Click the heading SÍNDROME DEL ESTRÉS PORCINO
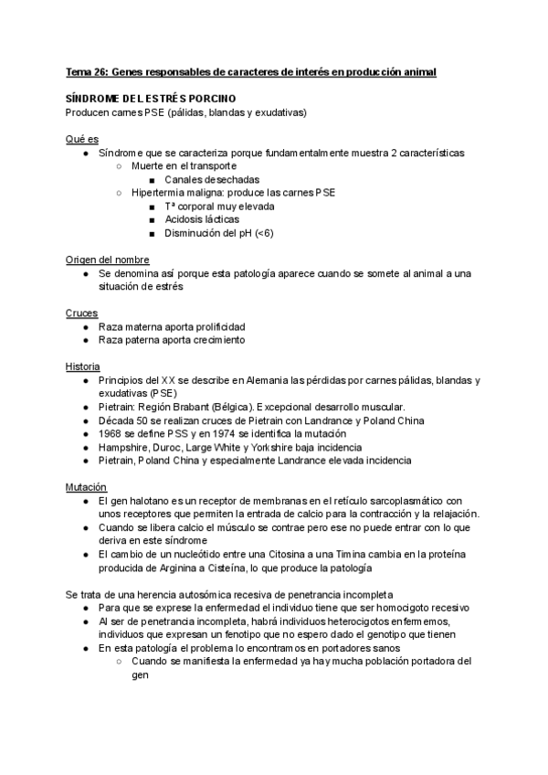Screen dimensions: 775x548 point(151,98)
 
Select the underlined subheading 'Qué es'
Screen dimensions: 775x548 point(82,138)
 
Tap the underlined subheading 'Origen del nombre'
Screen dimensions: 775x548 point(107,260)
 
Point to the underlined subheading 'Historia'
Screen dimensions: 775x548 point(85,366)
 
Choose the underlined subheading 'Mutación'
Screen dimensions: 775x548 point(87,486)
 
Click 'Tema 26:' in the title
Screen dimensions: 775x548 point(89,70)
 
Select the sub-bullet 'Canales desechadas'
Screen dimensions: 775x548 point(211,180)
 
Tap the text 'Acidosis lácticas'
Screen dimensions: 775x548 point(203,219)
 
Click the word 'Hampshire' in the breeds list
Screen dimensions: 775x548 point(125,447)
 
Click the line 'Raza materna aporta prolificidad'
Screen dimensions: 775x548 point(172,326)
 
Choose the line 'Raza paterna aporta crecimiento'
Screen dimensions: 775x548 point(171,340)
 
